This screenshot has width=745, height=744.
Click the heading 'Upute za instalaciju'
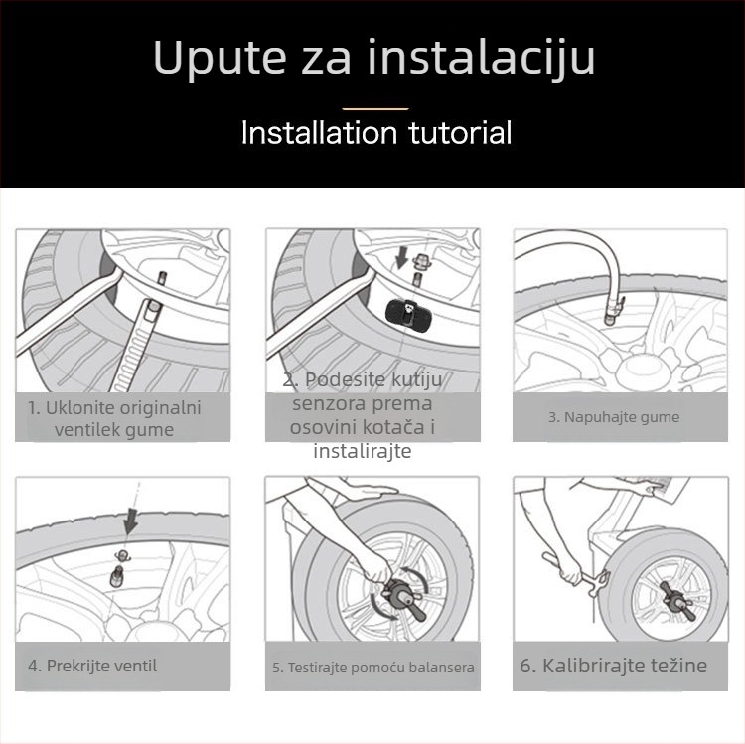click(373, 59)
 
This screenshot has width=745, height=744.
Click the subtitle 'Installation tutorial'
click(375, 132)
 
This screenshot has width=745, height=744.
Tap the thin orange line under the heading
click(374, 108)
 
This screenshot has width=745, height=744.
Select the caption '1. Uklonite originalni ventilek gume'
click(114, 418)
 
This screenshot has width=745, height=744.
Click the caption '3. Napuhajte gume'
click(613, 417)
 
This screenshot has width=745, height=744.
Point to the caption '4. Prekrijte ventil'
click(92, 665)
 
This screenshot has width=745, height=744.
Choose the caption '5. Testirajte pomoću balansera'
click(373, 668)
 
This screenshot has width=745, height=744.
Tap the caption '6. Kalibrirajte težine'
click(613, 665)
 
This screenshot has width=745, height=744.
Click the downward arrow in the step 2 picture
click(400, 258)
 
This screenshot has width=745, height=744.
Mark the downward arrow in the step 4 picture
click(131, 519)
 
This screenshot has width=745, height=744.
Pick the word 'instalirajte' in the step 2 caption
click(362, 451)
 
